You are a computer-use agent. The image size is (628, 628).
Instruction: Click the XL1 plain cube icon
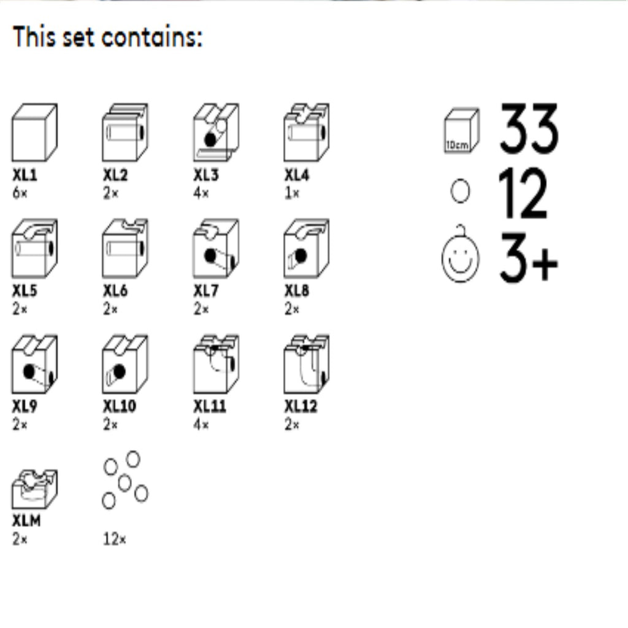(x=34, y=132)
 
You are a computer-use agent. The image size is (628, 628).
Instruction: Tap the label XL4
(x=297, y=175)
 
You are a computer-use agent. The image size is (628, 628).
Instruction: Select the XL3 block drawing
(x=216, y=132)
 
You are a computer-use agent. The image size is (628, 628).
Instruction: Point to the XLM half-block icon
(x=34, y=489)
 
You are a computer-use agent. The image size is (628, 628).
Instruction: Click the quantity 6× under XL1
(x=20, y=193)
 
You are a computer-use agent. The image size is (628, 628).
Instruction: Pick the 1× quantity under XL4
(x=291, y=193)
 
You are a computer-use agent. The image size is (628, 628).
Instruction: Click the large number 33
(x=529, y=128)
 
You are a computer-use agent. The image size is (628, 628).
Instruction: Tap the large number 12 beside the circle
(x=523, y=193)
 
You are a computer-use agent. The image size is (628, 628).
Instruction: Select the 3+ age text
(x=529, y=258)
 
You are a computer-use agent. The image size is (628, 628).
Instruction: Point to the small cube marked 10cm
(x=461, y=131)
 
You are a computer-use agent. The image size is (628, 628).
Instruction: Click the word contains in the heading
(x=152, y=37)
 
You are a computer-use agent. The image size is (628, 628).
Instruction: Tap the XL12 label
(x=301, y=407)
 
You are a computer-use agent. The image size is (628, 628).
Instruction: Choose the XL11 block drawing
(x=216, y=364)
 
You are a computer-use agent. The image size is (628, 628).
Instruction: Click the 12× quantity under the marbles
(x=115, y=540)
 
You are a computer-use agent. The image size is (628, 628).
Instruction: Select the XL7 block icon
(x=216, y=248)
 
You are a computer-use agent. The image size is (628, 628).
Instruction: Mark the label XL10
(x=120, y=407)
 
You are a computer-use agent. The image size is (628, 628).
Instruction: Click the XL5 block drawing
(x=34, y=248)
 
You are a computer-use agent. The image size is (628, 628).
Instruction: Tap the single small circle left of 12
(x=460, y=191)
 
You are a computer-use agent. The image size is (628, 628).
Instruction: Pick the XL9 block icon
(x=34, y=364)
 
